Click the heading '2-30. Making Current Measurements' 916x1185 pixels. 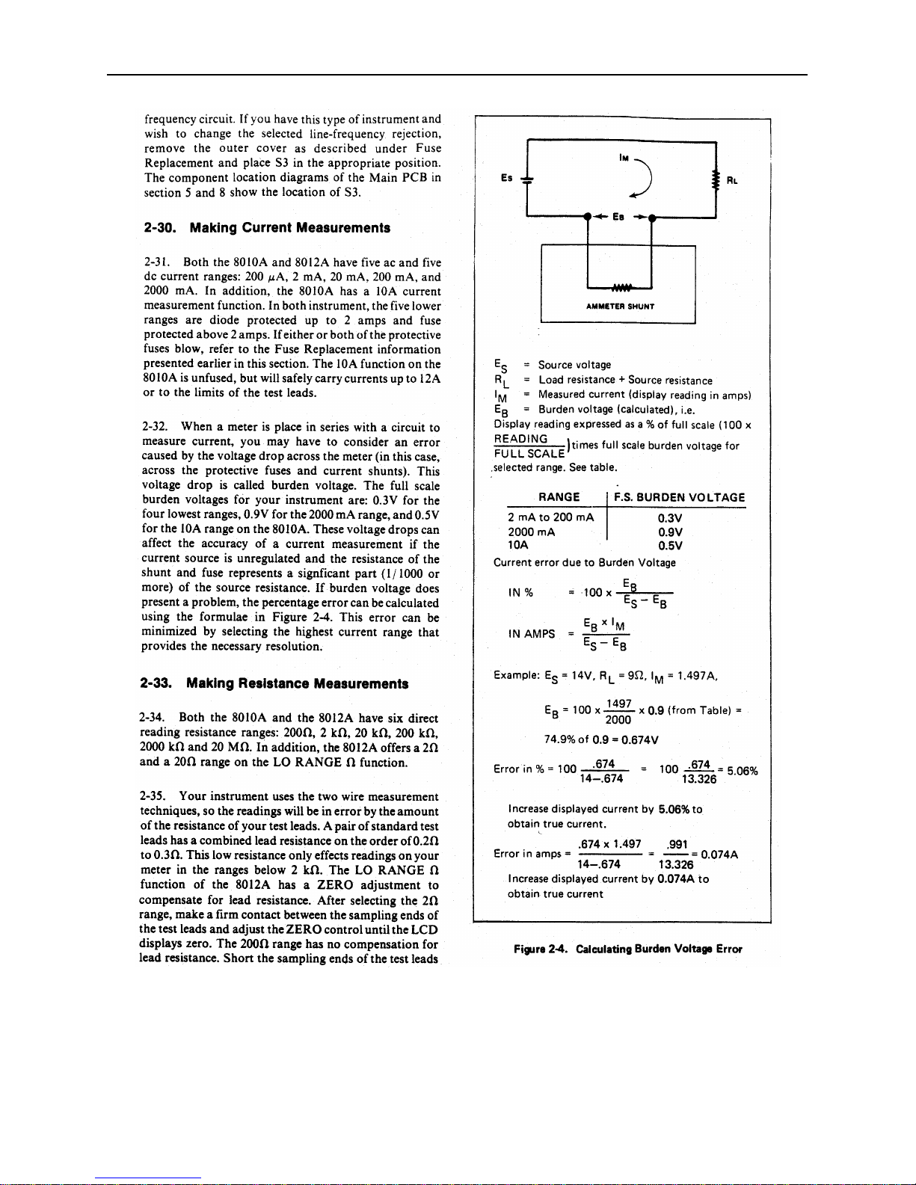pos(267,228)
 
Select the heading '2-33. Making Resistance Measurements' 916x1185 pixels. pos(274,683)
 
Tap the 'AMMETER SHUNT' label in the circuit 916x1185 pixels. pos(620,307)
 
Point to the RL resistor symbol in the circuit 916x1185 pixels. pos(716,180)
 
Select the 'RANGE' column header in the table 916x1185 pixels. pos(559,498)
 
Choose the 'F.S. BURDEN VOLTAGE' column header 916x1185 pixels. pos(679,498)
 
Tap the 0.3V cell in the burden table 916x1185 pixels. pos(670,518)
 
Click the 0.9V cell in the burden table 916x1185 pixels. pos(670,532)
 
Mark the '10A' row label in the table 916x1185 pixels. pos(518,546)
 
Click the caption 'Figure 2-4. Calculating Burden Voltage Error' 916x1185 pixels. pos(627,949)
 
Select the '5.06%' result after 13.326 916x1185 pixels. pos(742,771)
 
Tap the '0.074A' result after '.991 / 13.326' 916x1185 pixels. pos(719,855)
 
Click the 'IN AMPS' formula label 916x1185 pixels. pos(532,634)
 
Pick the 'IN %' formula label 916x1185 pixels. pos(520,593)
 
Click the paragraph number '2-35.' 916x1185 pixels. pos(153,797)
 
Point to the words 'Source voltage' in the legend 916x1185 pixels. pos(574,366)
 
